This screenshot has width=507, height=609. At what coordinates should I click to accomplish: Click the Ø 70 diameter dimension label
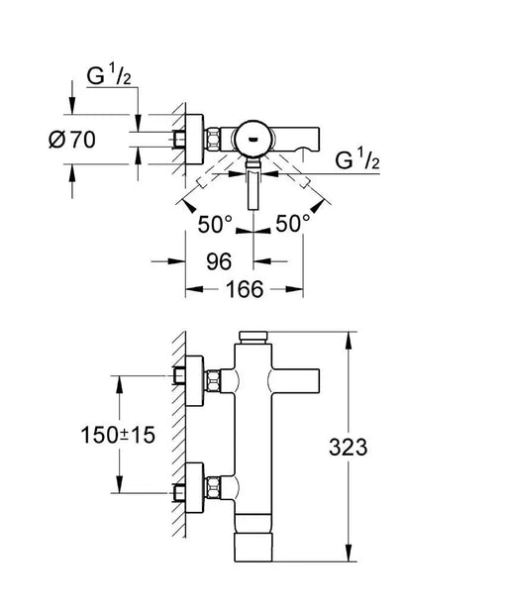pos(72,140)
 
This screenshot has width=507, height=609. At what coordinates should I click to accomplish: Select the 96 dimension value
pos(219,261)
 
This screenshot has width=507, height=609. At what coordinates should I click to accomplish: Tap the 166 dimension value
pos(245,289)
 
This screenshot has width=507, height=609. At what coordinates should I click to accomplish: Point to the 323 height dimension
pos(348,447)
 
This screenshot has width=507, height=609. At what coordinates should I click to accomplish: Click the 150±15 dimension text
pos(118,435)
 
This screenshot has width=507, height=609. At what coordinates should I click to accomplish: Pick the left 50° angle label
pos(215,224)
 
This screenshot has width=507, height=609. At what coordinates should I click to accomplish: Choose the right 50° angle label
pos(293,224)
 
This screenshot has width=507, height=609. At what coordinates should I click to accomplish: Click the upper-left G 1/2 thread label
pos(109,75)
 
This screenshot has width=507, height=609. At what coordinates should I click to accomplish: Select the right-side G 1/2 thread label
pos(357,160)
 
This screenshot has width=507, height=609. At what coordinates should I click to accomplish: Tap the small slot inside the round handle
pos(253,139)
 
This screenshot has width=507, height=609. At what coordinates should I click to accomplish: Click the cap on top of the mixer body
pos(253,338)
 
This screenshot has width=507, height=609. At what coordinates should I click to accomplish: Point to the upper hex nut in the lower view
pos(213,381)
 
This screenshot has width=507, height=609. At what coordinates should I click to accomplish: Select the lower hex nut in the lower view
pos(213,487)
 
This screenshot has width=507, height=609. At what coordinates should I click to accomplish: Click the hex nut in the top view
pos(213,139)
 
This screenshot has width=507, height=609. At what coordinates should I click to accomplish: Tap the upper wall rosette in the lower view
pos(195,380)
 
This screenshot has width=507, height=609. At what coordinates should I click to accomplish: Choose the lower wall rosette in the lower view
pos(195,488)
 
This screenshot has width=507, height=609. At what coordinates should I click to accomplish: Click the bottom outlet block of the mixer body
pos(253,548)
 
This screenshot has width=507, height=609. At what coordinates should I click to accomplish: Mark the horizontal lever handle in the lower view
pos(294,380)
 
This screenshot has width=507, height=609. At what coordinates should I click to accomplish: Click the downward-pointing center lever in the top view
pos(253,185)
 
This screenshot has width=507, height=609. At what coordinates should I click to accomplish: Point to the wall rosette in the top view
pos(195,139)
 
